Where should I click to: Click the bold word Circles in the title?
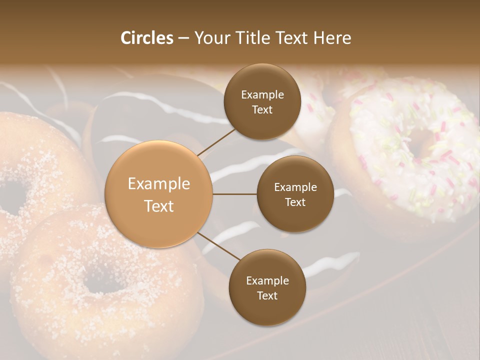point(147,38)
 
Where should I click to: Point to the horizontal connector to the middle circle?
point(234,194)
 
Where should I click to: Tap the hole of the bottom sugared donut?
point(102,282)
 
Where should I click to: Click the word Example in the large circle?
point(159,184)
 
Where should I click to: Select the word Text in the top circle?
point(262,110)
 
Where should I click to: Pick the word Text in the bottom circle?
point(267,295)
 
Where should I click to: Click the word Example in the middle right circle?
point(295,187)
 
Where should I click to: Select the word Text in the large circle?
point(159,206)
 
